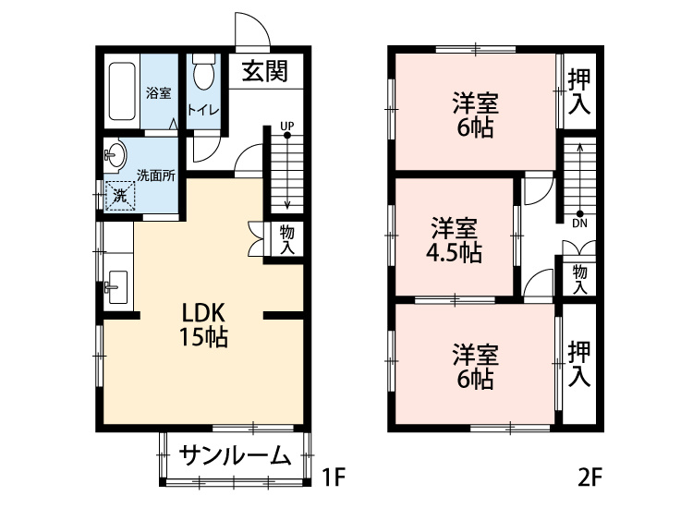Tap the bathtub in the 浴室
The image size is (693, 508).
(x=122, y=92)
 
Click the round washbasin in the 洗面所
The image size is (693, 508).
(x=115, y=155)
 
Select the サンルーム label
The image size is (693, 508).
(x=235, y=455)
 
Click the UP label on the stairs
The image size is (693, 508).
(x=286, y=126)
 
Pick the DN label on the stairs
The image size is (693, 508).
(x=579, y=223)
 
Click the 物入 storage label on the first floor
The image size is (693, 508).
(x=286, y=240)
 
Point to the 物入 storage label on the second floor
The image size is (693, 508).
(x=579, y=279)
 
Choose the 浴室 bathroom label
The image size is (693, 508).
(x=159, y=92)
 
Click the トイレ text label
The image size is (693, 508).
(x=204, y=111)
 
